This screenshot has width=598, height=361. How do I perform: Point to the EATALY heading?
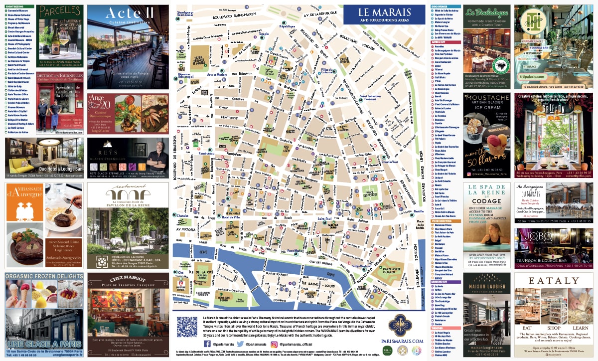click(x=553, y=281)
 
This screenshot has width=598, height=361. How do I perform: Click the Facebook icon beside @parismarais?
click(x=208, y=344)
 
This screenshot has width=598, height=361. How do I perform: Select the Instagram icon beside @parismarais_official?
click(x=274, y=344)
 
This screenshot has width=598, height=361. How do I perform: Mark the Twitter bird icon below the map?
click(x=240, y=344)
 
